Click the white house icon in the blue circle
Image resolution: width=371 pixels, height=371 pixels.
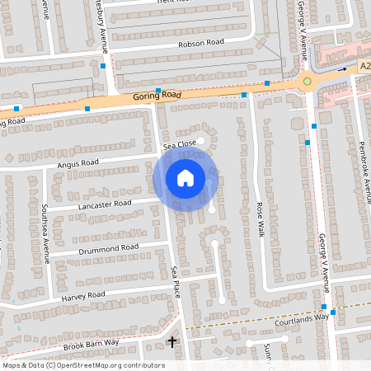(185, 177)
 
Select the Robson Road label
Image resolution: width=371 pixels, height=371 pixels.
(200, 43)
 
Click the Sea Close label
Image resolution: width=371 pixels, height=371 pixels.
(180, 145)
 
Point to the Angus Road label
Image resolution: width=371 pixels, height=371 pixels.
(78, 163)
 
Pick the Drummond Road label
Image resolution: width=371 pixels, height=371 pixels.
(109, 247)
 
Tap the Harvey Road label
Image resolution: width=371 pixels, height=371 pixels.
(83, 294)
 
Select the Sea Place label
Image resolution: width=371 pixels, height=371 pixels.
(176, 282)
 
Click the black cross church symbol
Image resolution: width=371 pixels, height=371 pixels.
(172, 340)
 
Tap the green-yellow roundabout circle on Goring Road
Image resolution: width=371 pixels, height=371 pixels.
(308, 81)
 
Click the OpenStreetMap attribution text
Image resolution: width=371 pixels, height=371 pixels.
(83, 365)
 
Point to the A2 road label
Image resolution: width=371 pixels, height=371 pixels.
(364, 65)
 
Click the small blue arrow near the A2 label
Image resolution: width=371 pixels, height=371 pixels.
(342, 69)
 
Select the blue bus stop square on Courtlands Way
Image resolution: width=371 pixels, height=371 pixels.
(333, 312)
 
